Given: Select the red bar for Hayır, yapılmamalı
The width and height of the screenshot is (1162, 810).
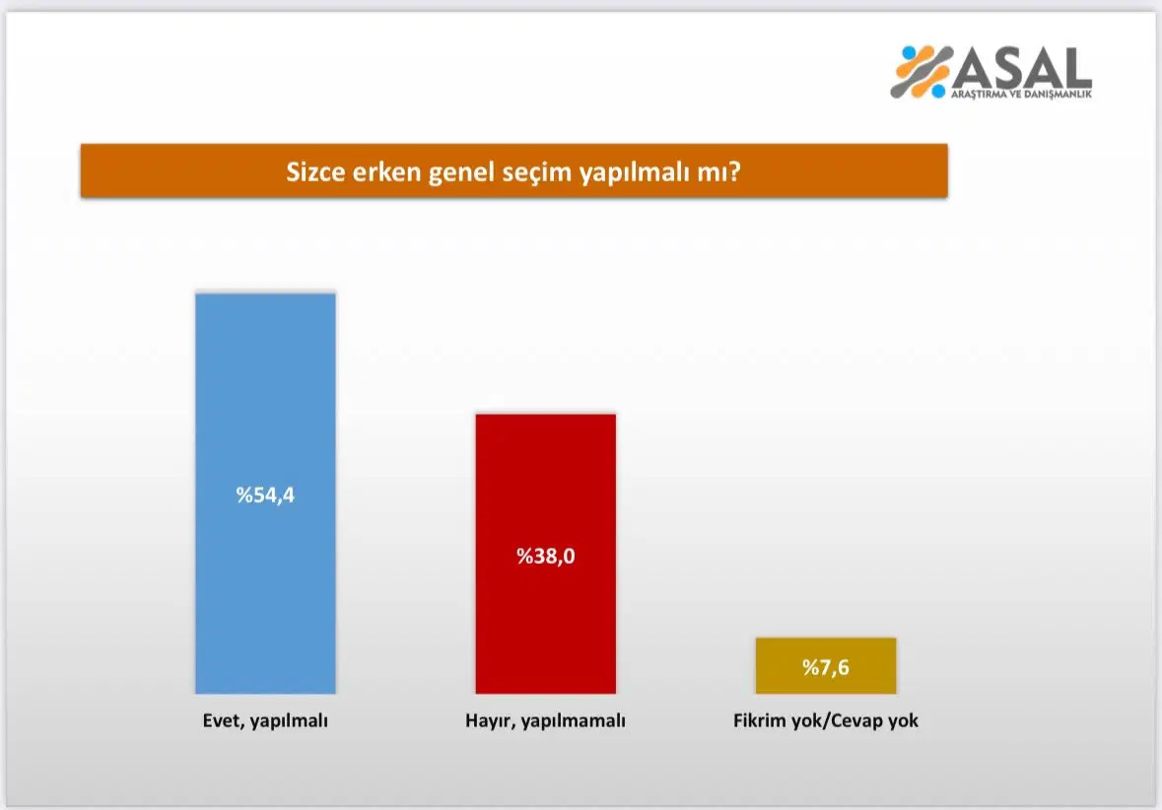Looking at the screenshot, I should click(x=545, y=473).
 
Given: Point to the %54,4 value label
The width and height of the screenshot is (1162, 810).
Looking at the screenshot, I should click(x=265, y=495).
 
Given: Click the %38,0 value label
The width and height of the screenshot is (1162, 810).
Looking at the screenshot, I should click(x=545, y=556).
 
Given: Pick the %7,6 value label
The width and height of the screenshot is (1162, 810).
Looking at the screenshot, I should click(x=825, y=668).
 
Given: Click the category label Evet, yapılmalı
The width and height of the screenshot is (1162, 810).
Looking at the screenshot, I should click(x=258, y=720).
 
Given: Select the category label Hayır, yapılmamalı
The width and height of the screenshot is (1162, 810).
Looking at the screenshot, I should click(x=545, y=720).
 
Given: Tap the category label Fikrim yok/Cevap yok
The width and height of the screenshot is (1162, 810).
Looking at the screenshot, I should click(x=825, y=720).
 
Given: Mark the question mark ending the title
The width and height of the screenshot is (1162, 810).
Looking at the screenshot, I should click(x=735, y=172).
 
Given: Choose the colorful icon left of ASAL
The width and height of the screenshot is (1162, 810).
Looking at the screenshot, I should click(x=921, y=71).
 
